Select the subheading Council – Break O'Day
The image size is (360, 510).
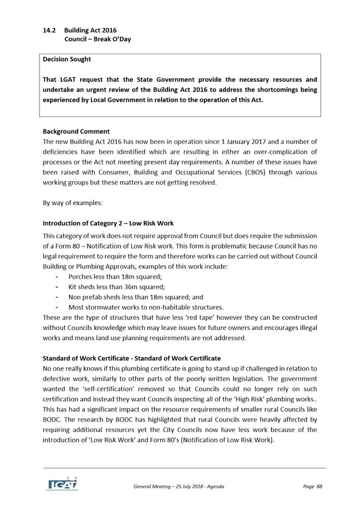pos(98,40)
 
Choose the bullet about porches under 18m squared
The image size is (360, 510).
pos(115,276)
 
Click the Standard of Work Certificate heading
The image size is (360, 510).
pos(132,358)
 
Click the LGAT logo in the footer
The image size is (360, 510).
pos(61,483)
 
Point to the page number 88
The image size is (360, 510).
pos(319,487)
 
